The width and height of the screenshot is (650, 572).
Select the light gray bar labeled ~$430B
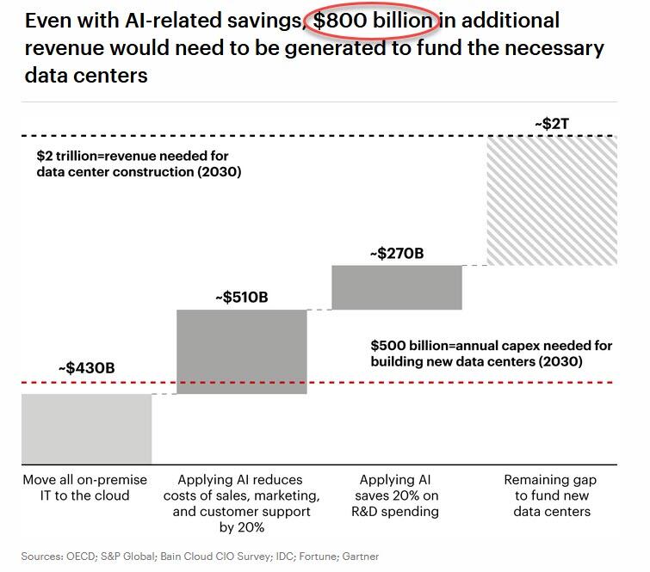point(86,428)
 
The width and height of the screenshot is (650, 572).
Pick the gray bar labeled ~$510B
point(241,352)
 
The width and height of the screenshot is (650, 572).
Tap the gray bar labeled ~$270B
point(397,287)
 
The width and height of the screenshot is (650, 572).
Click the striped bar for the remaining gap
point(552,200)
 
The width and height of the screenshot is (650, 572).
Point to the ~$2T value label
point(551,124)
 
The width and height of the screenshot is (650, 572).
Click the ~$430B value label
point(86,368)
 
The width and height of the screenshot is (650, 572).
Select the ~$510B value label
point(241,298)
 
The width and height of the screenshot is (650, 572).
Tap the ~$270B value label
point(397,254)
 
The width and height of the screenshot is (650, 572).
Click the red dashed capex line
point(258,383)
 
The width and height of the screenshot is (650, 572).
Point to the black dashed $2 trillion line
point(258,136)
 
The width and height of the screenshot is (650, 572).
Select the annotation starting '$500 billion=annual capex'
point(492,354)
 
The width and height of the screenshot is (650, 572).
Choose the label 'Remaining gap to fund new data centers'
point(552,495)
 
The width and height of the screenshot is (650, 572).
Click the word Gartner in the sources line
point(360,557)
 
